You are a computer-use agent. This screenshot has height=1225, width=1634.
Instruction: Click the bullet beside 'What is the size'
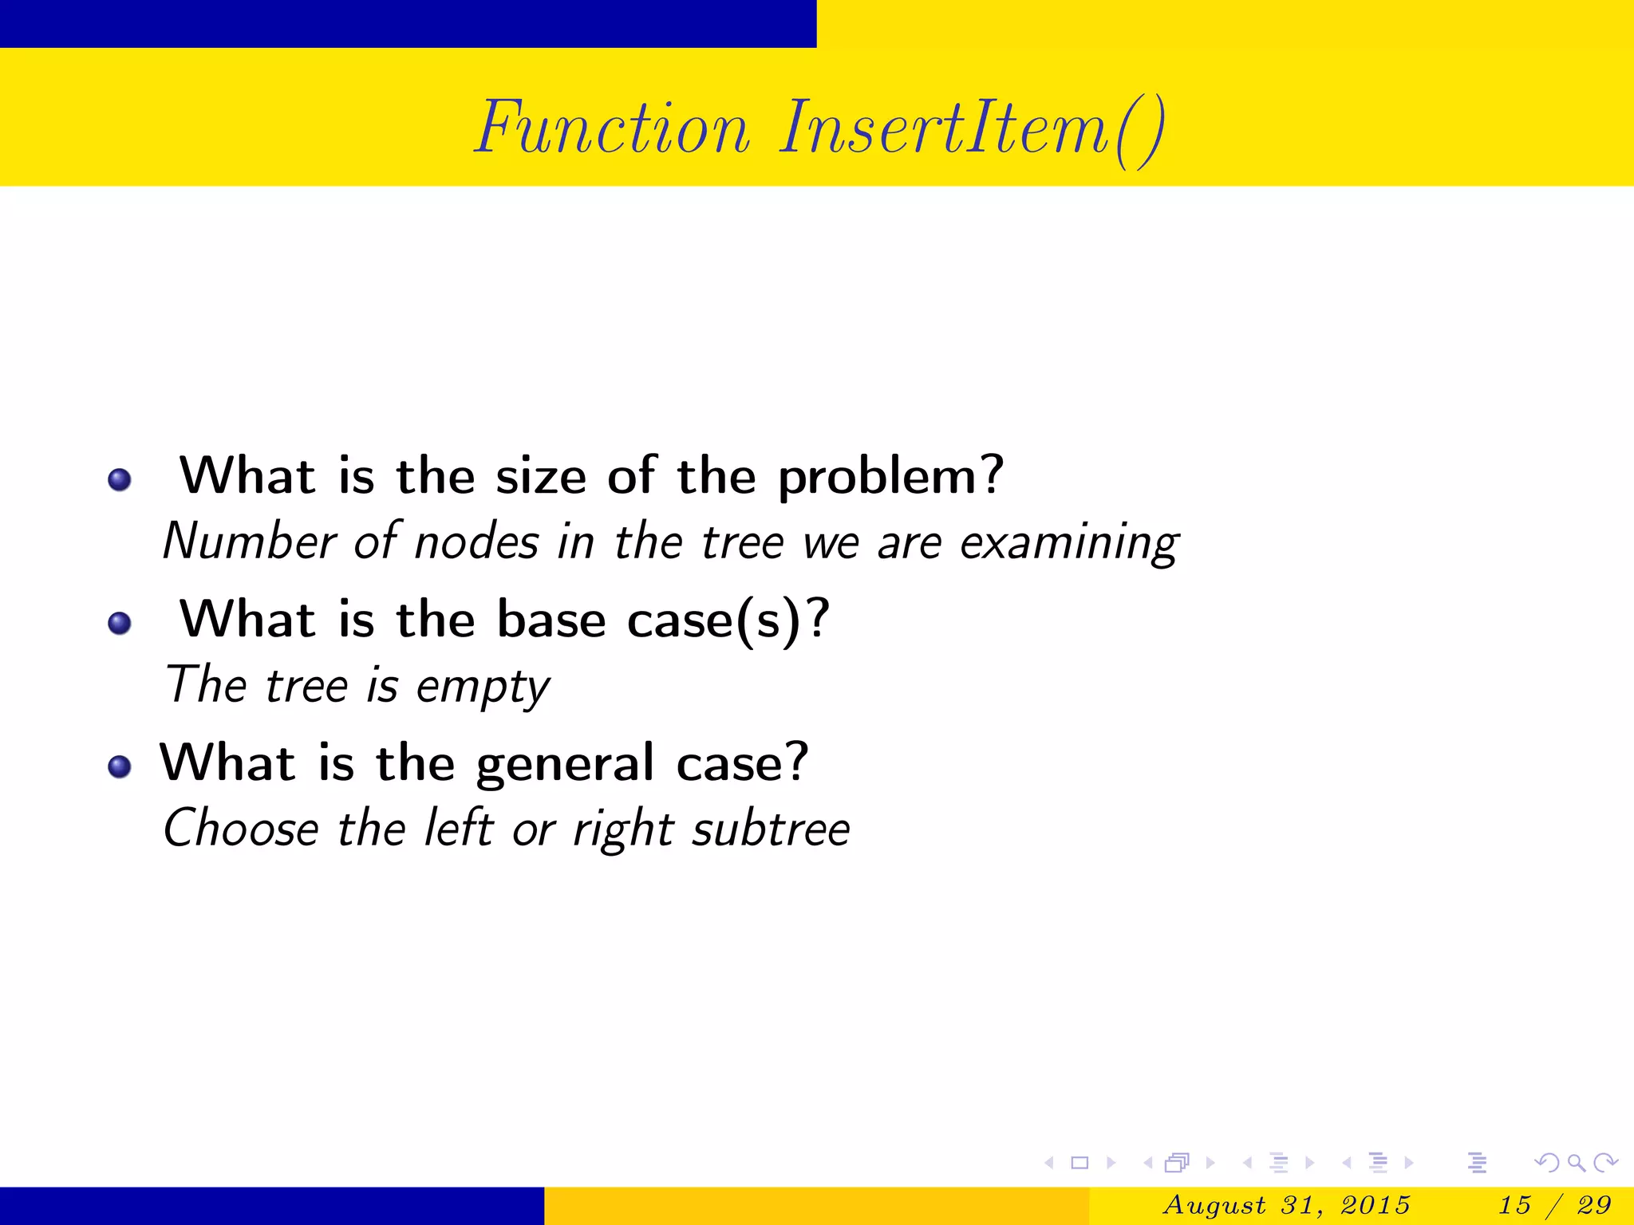pyautogui.click(x=120, y=479)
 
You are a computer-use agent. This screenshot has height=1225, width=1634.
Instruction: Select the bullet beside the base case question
pyautogui.click(x=120, y=623)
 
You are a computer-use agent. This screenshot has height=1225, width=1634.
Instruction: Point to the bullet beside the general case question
pyautogui.click(x=120, y=766)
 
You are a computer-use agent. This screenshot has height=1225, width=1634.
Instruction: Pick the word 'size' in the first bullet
pyautogui.click(x=541, y=477)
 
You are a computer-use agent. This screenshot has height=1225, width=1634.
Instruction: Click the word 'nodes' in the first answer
pyautogui.click(x=476, y=542)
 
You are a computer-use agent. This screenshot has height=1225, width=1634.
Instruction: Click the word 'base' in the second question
pyautogui.click(x=551, y=620)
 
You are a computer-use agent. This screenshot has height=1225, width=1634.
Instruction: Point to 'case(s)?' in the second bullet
pyautogui.click(x=728, y=620)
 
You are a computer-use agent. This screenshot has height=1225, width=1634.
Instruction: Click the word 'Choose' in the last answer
pyautogui.click(x=241, y=829)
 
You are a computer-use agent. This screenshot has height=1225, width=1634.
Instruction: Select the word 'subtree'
pyautogui.click(x=771, y=829)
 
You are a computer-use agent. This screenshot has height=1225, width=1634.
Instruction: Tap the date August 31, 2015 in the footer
pyautogui.click(x=1287, y=1205)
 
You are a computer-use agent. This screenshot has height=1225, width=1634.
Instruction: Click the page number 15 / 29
pyautogui.click(x=1555, y=1205)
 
